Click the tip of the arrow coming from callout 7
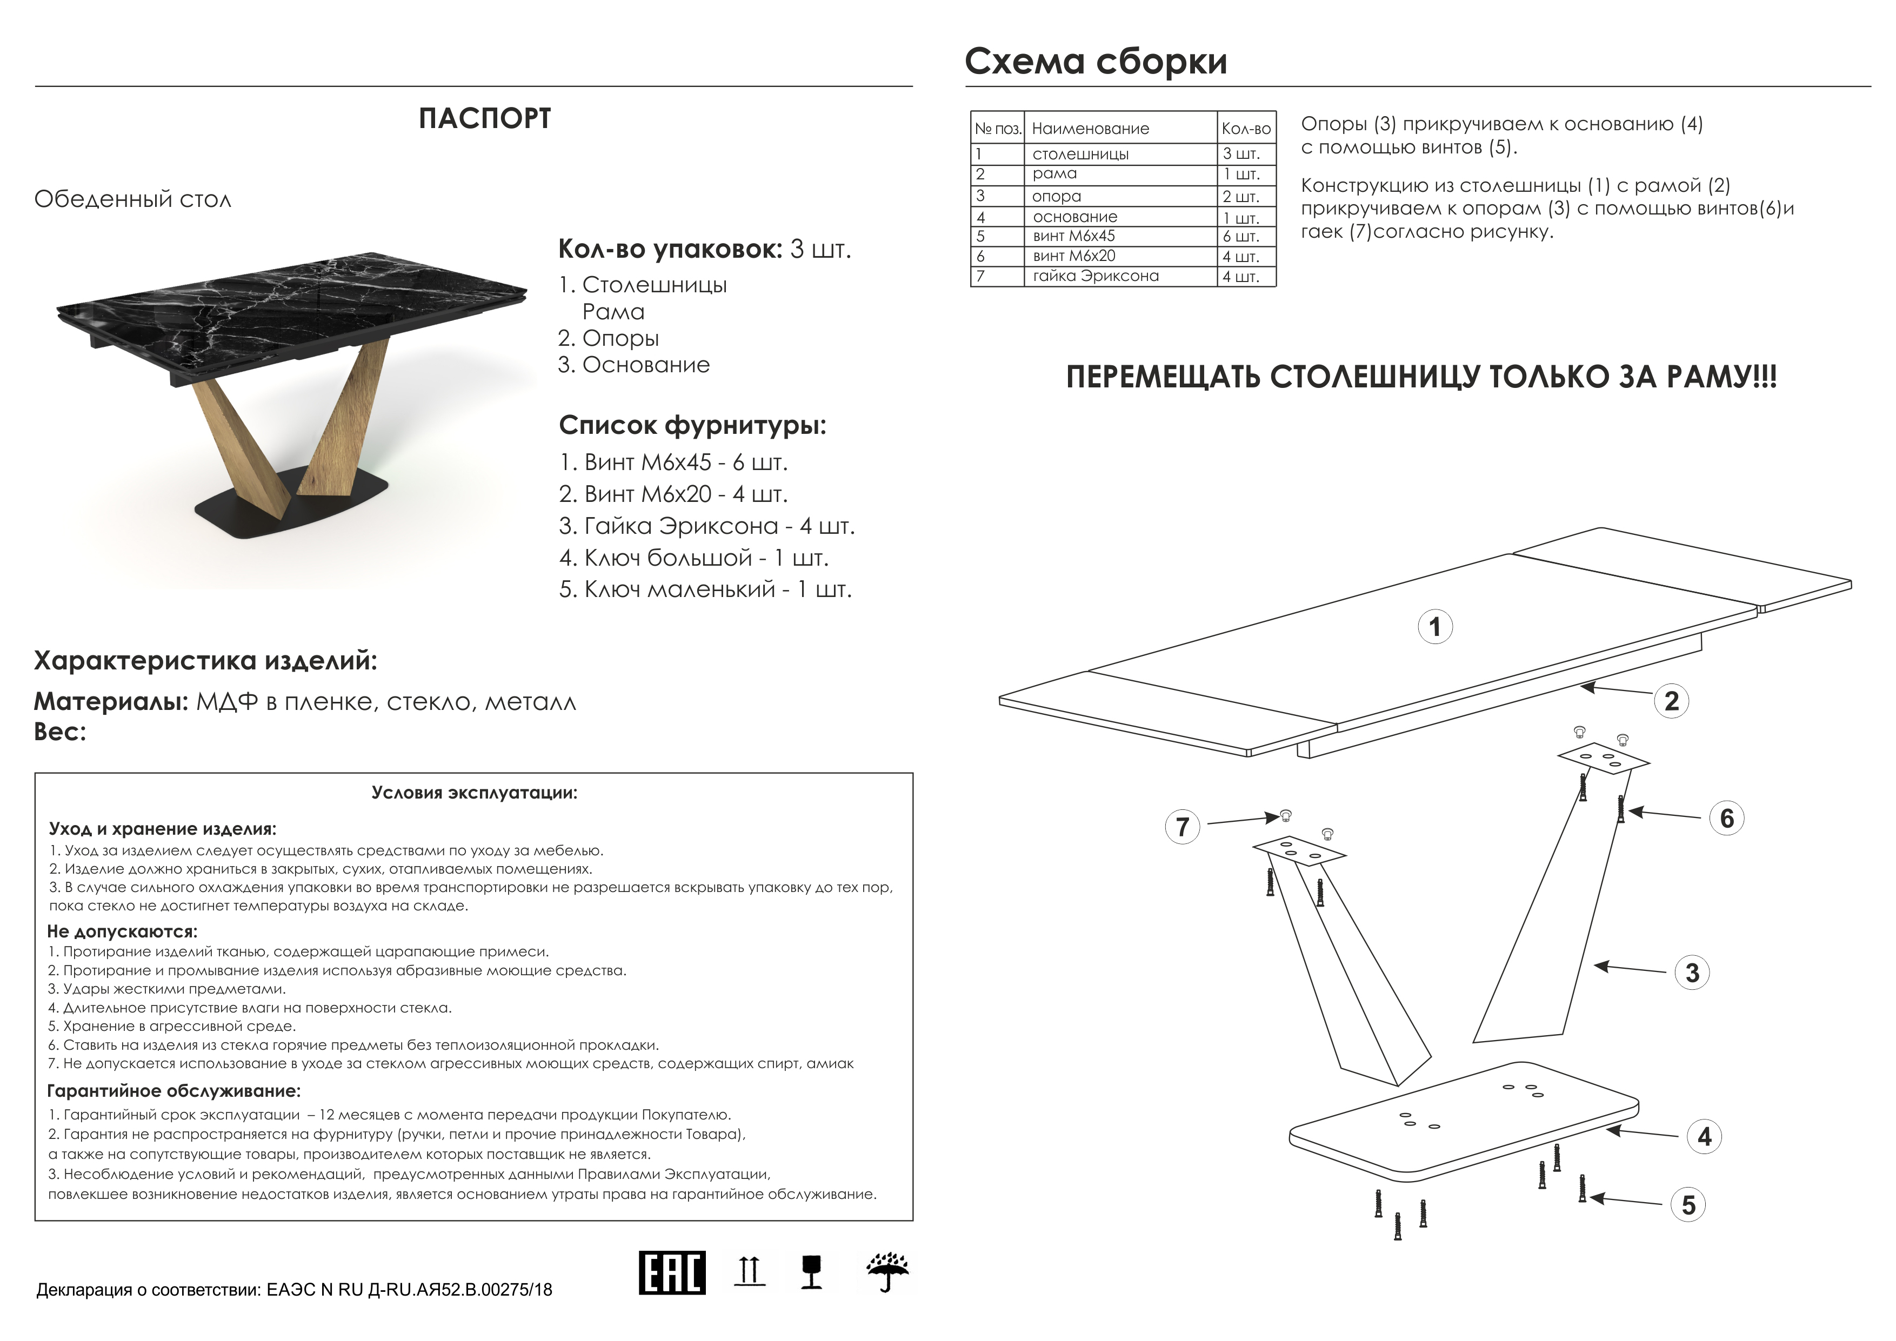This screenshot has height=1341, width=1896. [1279, 817]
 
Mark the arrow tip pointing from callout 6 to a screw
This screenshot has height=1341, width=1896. [1628, 812]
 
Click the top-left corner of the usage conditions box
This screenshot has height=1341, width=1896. [35, 773]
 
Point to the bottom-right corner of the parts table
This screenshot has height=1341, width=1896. [1277, 286]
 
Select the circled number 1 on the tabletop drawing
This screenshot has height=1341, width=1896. [1435, 627]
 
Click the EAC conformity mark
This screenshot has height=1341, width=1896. [672, 1272]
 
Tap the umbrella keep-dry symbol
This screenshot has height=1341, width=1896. [887, 1272]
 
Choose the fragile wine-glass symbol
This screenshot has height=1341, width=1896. [812, 1272]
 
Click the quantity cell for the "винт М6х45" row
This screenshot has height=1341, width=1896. [1246, 236]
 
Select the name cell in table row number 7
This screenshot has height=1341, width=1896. [1120, 276]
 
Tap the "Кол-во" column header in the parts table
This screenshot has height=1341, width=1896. [1246, 129]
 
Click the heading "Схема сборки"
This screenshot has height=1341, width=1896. [1096, 61]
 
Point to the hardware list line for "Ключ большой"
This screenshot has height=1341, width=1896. [693, 558]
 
